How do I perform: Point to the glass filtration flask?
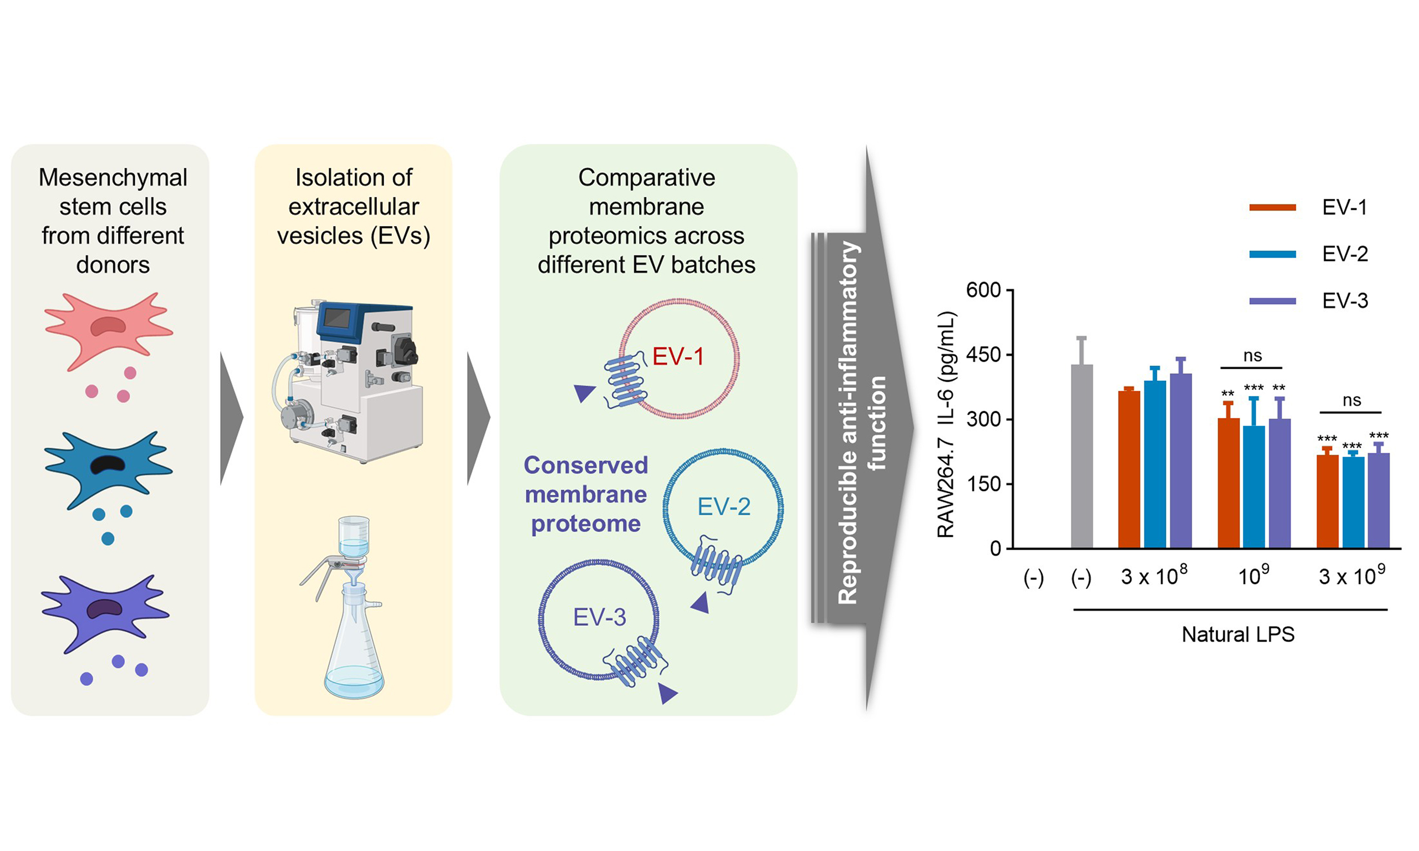point(354,648)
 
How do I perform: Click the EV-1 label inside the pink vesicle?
point(677,357)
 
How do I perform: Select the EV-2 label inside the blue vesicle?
point(723,506)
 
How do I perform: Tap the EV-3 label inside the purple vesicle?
point(599,617)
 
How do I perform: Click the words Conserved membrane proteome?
point(585,494)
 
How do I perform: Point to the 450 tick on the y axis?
point(983,355)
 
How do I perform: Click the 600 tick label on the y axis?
point(983,290)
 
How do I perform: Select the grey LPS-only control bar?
point(1082,456)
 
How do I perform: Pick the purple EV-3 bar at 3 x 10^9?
point(1379,500)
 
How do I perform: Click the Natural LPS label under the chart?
point(1238,634)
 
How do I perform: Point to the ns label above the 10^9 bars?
point(1253,356)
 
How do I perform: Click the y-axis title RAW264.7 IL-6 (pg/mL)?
point(946,424)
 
